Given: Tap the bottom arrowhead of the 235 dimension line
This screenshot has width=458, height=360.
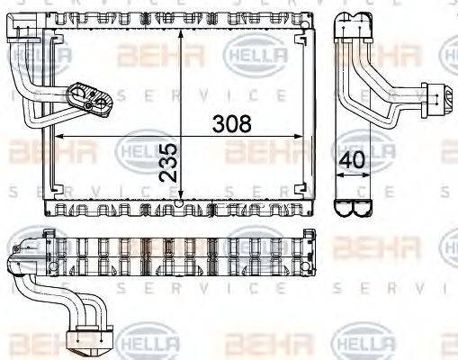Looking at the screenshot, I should click(x=182, y=203).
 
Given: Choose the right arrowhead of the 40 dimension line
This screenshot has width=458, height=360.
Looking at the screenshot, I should click(x=369, y=176).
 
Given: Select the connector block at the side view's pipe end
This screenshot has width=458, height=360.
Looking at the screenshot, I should click(x=443, y=94).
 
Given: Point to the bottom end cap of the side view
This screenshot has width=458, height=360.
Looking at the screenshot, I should click(x=354, y=206).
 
